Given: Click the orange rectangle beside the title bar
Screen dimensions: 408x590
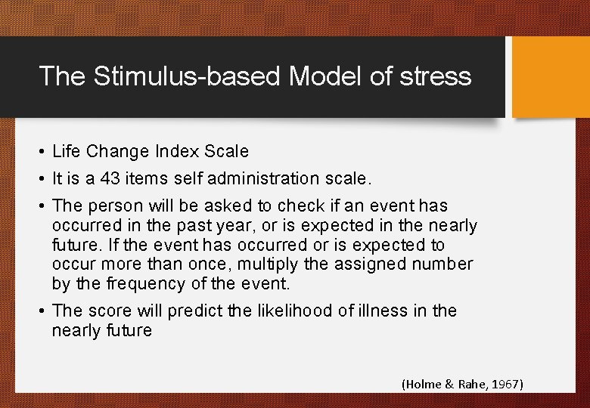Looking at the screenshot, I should (551, 77).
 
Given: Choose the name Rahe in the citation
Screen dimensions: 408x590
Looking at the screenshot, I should (470, 385).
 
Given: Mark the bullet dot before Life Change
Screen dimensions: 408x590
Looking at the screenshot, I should (42, 152).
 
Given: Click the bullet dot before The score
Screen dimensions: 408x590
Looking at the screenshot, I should (42, 311).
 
